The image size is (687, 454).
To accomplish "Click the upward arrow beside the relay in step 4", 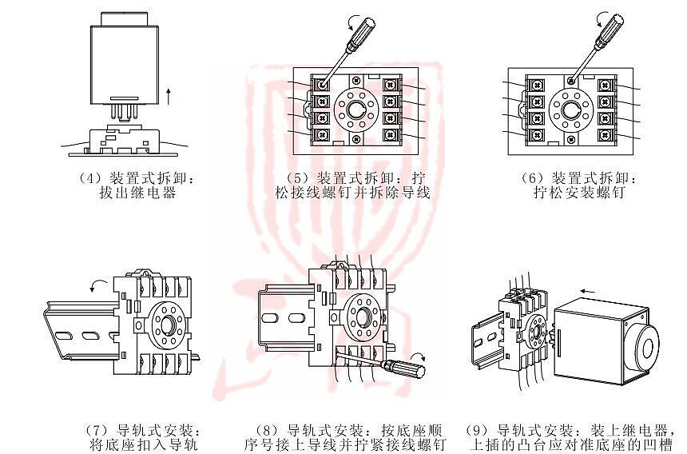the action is (169, 97).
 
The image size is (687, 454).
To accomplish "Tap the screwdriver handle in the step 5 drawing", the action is (362, 32).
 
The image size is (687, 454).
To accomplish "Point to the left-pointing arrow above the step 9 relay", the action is (587, 291).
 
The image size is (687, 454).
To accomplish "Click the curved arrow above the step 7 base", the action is (98, 285).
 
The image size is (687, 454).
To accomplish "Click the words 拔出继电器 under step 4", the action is (137, 193).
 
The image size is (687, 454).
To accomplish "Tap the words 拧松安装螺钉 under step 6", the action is (579, 193).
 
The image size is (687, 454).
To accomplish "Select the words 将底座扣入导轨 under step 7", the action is (144, 444).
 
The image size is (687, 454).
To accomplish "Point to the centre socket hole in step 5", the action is (356, 110).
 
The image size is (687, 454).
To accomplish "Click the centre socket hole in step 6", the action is (571, 110).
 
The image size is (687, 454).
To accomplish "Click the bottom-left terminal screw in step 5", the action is (323, 134).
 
